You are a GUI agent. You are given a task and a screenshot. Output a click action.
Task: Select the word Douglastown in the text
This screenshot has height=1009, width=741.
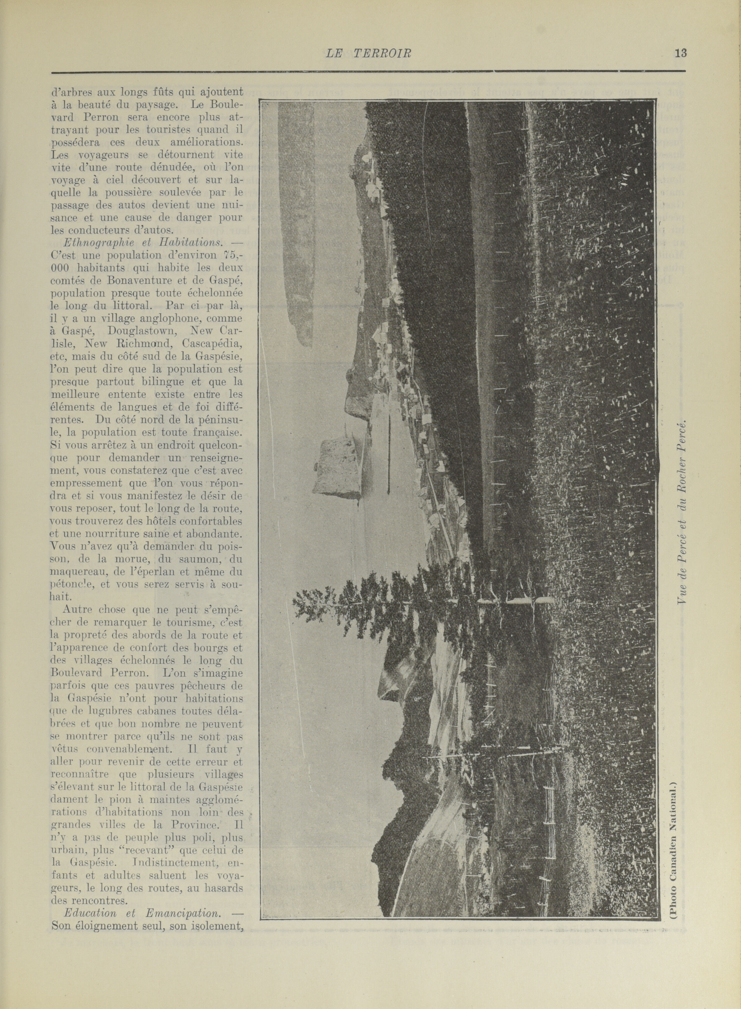[x=137, y=331]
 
